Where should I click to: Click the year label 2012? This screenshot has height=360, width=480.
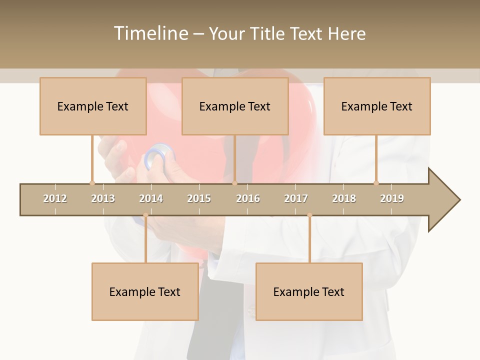(x=55, y=198)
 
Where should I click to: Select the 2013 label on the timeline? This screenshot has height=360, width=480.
(x=103, y=198)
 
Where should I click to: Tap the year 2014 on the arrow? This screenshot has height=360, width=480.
(x=151, y=198)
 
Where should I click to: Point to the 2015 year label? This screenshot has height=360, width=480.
(x=199, y=198)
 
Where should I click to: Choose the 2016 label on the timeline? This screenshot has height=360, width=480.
(x=248, y=198)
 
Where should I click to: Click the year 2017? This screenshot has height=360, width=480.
(x=296, y=198)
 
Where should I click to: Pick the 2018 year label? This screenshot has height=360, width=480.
(x=344, y=198)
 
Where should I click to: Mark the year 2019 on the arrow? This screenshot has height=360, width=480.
(x=392, y=198)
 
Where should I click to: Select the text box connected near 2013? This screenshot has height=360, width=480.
(x=93, y=106)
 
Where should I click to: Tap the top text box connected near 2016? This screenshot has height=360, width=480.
(x=235, y=106)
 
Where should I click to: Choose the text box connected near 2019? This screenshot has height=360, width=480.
(x=377, y=106)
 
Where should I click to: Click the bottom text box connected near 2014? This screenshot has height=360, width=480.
(x=145, y=292)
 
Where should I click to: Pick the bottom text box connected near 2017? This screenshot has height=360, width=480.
(x=309, y=292)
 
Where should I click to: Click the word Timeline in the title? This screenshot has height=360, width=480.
(x=150, y=33)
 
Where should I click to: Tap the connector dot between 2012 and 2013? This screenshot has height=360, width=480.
(x=92, y=183)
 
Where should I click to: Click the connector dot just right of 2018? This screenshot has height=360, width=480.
(x=376, y=183)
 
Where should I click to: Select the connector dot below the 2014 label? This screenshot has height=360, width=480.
(x=145, y=215)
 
